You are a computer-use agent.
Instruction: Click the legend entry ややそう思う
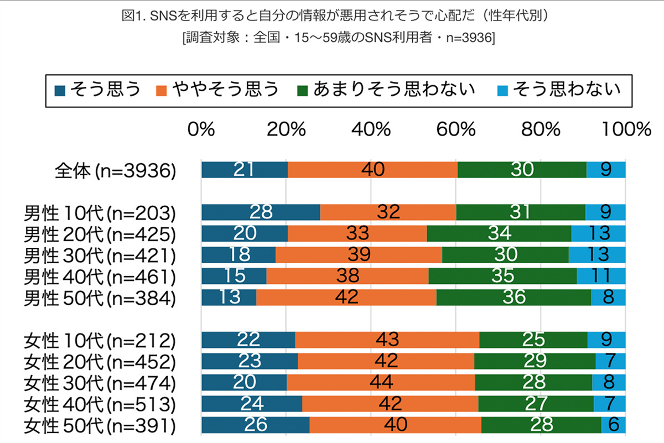[x=218, y=89]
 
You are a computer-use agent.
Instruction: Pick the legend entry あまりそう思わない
[x=387, y=89]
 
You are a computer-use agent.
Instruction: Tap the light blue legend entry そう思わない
[x=559, y=89]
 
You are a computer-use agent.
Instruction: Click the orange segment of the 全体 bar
[x=372, y=170]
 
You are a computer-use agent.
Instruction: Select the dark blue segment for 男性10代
[x=261, y=212]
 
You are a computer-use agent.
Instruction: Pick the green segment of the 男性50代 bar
[x=513, y=297]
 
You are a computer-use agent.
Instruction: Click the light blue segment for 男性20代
[x=598, y=233]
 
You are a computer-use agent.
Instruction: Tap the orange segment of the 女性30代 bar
[x=381, y=382]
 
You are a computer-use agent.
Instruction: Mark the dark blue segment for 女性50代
[x=255, y=425]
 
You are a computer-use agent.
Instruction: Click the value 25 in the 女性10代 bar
[x=533, y=340]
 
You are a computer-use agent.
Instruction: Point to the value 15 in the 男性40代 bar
[x=234, y=275]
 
